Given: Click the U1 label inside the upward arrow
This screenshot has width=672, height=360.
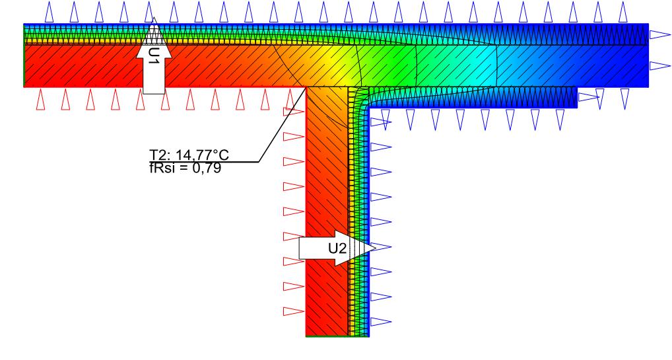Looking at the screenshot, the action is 153,56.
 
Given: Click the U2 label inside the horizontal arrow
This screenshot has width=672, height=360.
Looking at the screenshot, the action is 337,248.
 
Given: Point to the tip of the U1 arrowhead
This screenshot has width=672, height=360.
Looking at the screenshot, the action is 154,18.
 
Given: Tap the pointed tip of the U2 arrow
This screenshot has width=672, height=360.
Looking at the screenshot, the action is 376,247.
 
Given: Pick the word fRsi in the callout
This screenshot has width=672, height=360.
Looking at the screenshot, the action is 161,168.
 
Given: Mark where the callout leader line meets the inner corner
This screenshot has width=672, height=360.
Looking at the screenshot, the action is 306,87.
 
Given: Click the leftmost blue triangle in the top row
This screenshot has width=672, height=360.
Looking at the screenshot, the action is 50,12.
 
